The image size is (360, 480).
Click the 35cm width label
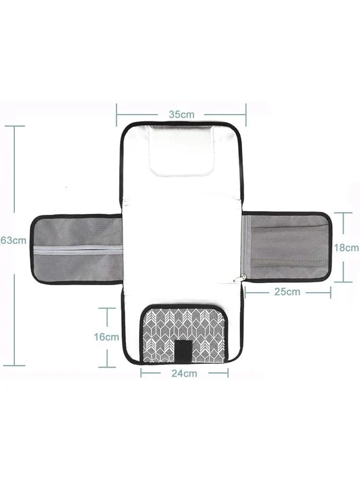(x=181, y=114)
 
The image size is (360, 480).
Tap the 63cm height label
(x=13, y=240)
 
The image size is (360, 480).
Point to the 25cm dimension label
(x=287, y=291)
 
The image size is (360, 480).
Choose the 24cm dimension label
(x=184, y=373)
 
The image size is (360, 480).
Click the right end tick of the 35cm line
(x=246, y=114)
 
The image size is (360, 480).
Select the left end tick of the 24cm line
(x=142, y=373)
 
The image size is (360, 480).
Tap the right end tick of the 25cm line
(x=331, y=291)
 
